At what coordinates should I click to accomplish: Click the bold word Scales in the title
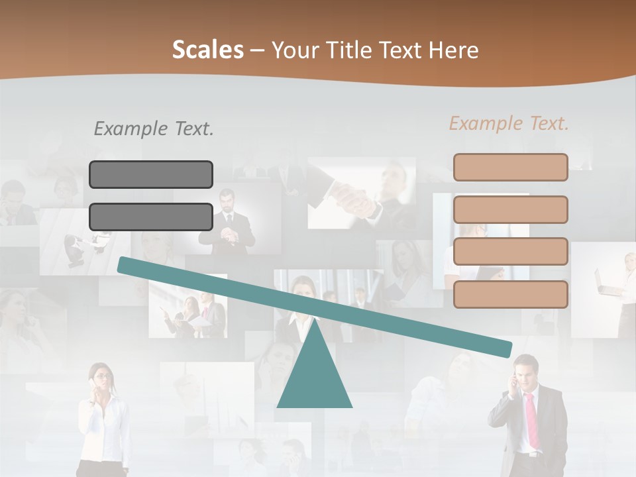coord(207,50)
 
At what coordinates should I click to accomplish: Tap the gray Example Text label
coord(154,129)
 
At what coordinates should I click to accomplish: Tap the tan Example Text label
coord(509,123)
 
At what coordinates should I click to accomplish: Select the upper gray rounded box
coord(151,174)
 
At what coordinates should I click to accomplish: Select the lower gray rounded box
coord(151,217)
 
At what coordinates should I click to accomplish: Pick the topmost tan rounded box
coord(510,167)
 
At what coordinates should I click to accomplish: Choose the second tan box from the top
coord(510,209)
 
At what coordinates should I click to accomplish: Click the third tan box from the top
coord(510,251)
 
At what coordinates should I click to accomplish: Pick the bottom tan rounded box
coord(510,294)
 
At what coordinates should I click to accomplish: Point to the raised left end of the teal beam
coord(123,264)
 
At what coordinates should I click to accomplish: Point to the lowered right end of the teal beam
coord(506,348)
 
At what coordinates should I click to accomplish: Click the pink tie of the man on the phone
coord(532,420)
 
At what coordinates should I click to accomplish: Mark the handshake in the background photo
coord(354,199)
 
